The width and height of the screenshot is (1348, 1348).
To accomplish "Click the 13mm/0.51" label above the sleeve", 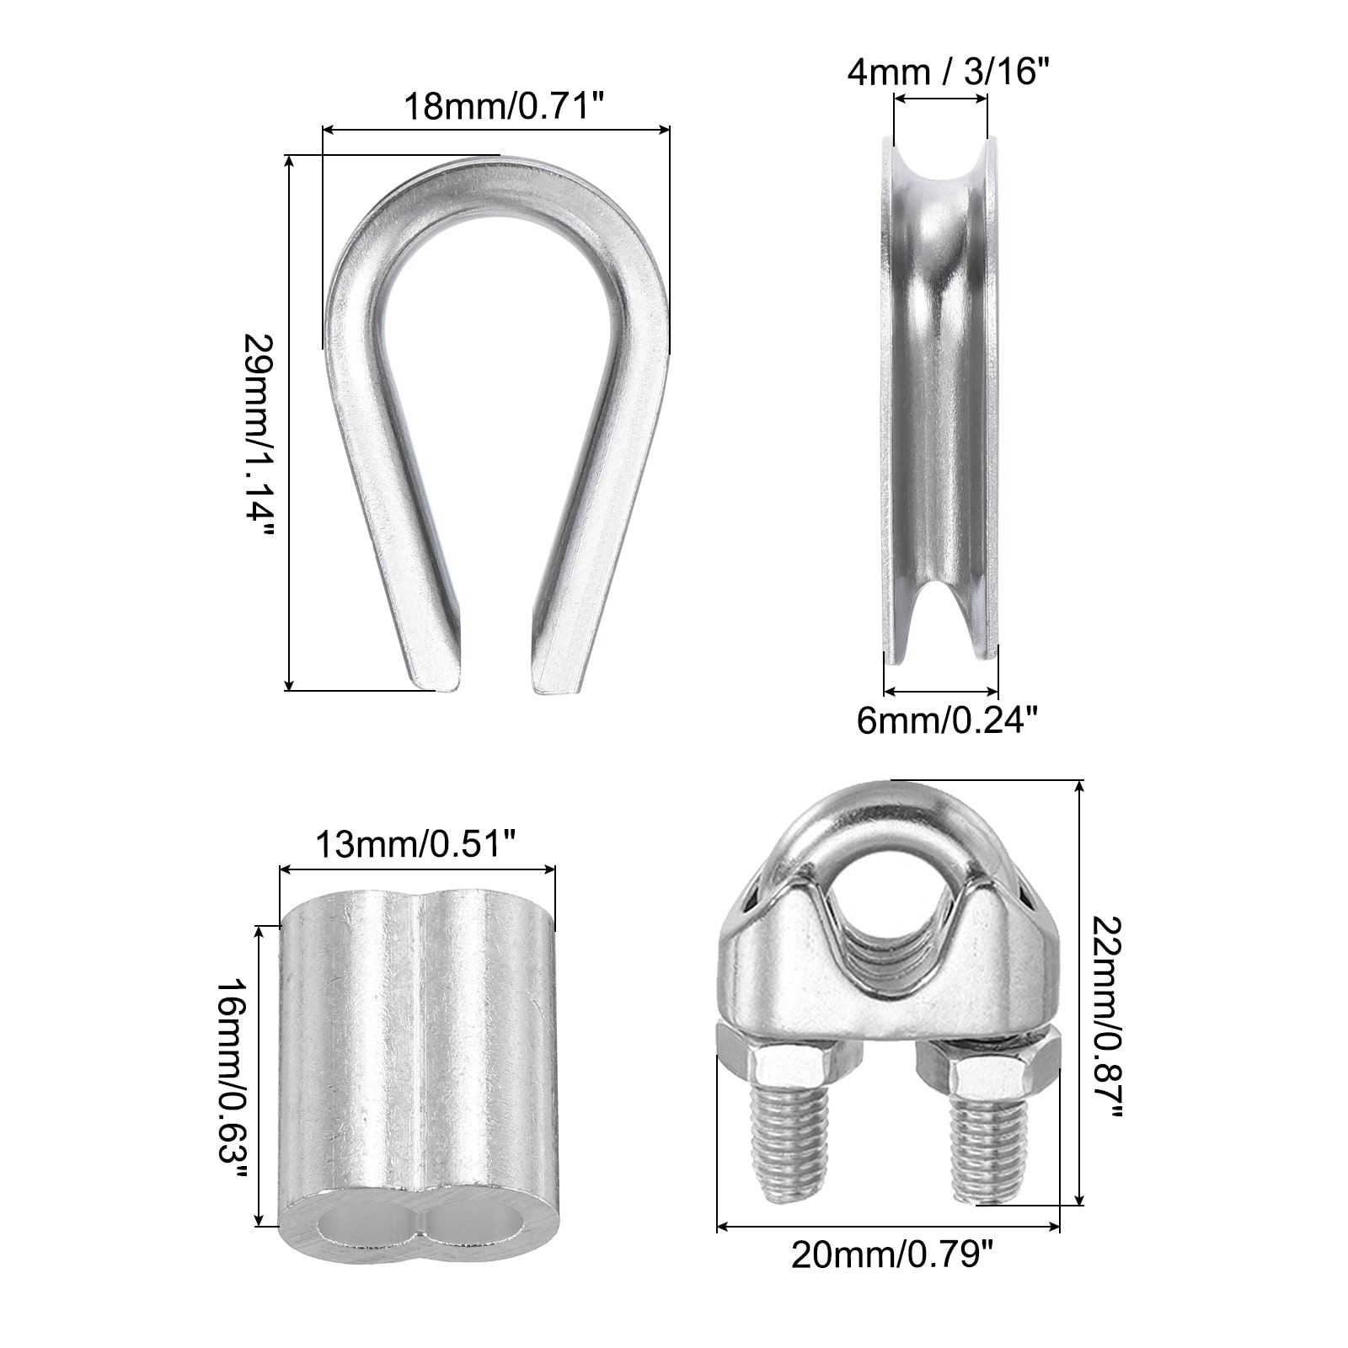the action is [415, 845].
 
